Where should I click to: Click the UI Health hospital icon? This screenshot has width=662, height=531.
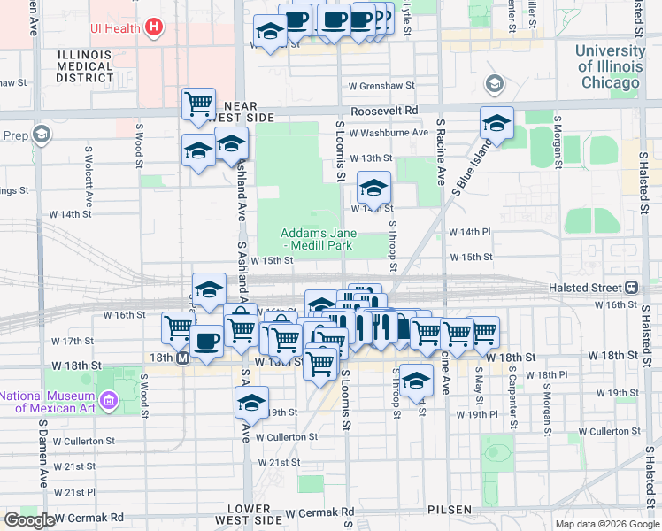coord(155,27)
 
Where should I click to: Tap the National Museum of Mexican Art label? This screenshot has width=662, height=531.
coord(54,401)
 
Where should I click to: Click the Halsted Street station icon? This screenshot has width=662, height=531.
coord(632,288)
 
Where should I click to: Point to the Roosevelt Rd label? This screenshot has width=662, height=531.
coord(383,112)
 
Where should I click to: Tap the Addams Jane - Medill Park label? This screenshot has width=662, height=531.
coord(316,240)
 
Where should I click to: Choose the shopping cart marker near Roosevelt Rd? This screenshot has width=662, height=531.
coord(199,104)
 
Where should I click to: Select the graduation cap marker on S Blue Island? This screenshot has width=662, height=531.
coord(497,124)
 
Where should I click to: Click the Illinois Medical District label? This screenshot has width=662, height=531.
coord(85,66)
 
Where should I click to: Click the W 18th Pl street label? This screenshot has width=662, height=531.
coord(557,374)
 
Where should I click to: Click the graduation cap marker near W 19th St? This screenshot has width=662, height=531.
coord(252,403)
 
